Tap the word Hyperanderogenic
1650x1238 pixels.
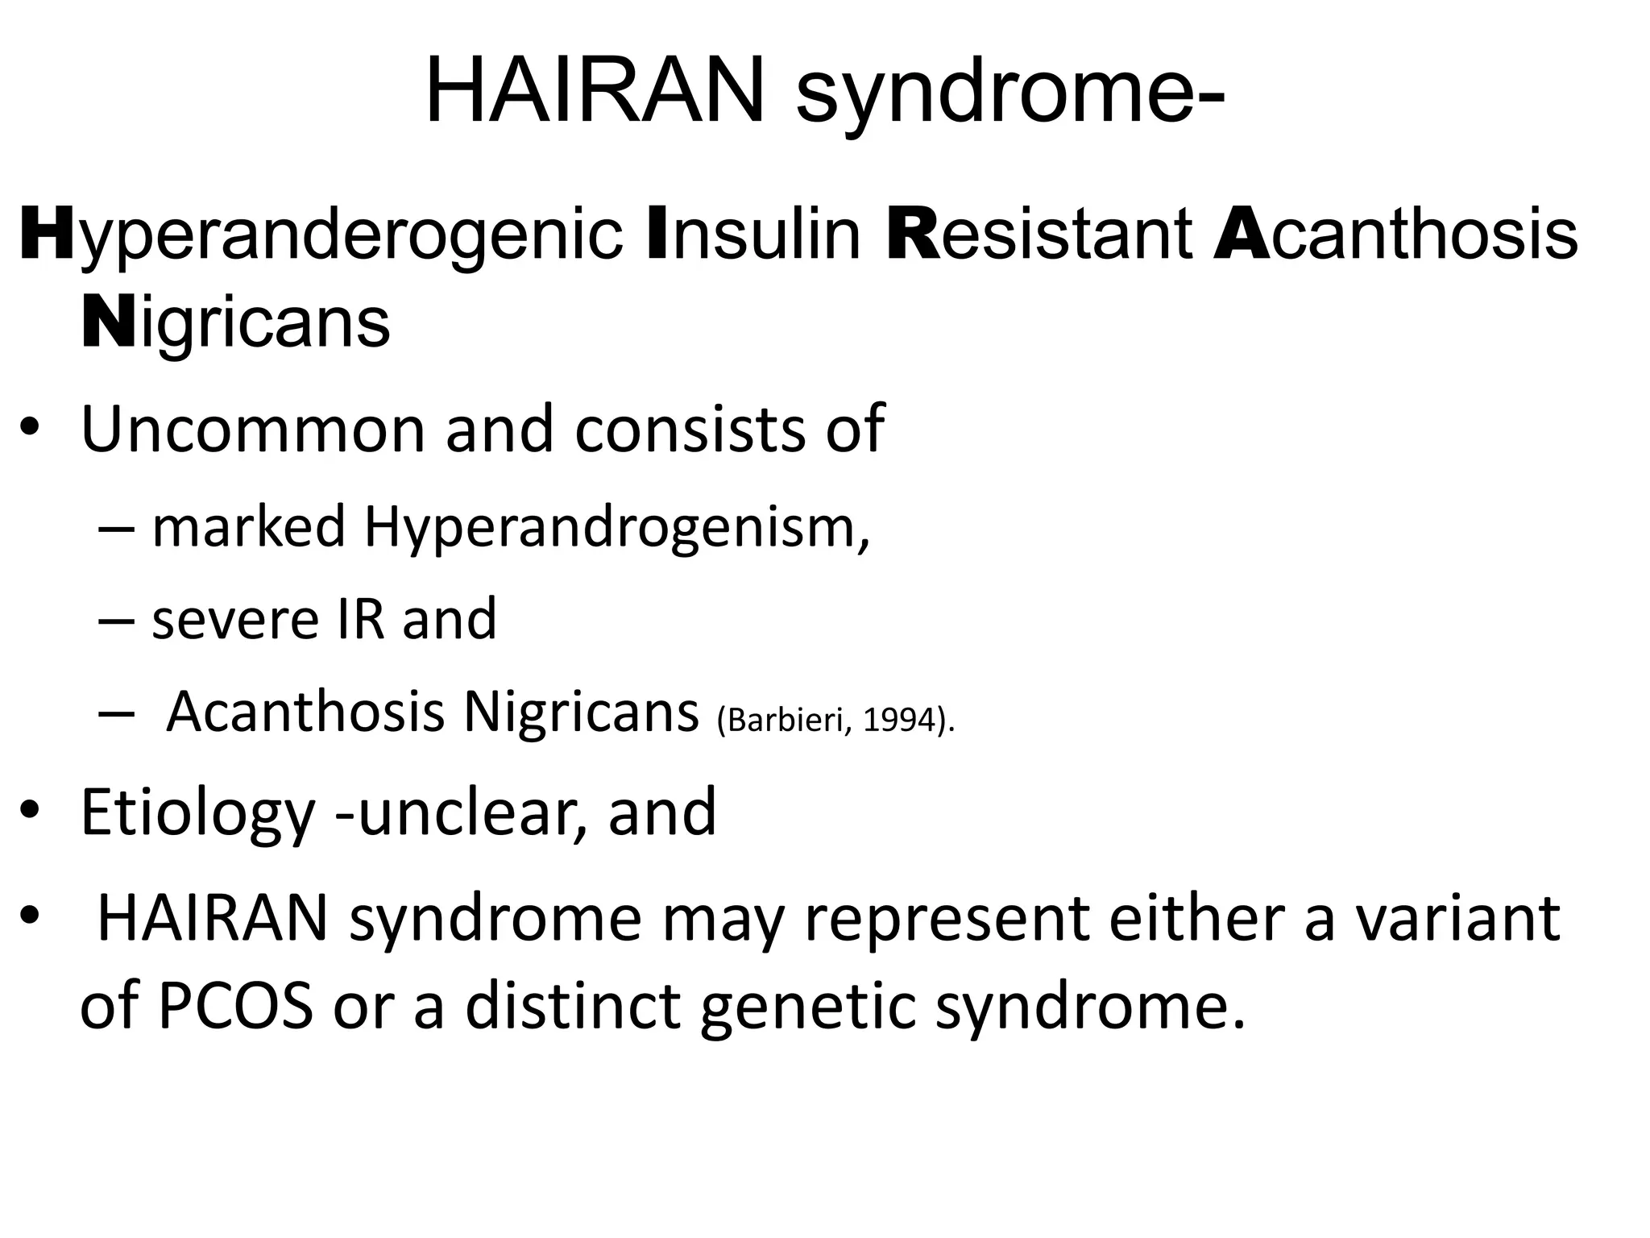pos(321,236)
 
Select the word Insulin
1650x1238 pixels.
pos(754,236)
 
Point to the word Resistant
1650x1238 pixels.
pos(1039,236)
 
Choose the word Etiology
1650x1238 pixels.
pos(197,812)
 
